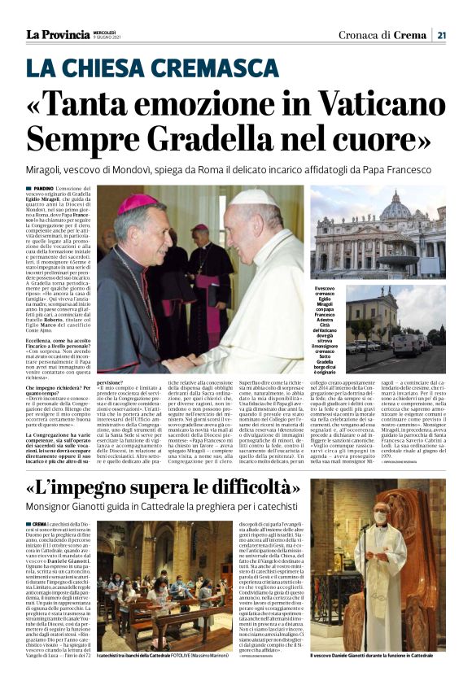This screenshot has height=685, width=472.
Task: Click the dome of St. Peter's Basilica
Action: click(x=396, y=208)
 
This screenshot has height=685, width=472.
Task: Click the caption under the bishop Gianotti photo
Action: click(x=378, y=678)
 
